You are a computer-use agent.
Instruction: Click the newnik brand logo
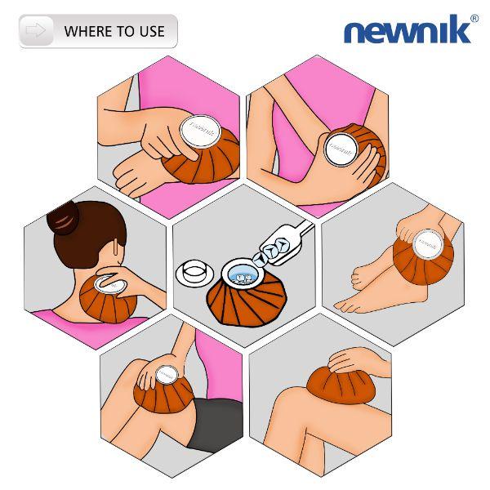click(407, 31)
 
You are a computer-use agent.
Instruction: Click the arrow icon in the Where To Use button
click(37, 31)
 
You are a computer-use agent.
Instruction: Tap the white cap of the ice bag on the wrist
click(199, 131)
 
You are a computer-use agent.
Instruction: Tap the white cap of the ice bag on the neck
click(107, 284)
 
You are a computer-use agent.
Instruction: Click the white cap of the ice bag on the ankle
click(428, 243)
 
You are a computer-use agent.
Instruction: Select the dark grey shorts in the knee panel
click(215, 425)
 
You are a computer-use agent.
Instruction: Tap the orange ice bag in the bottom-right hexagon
click(336, 385)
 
